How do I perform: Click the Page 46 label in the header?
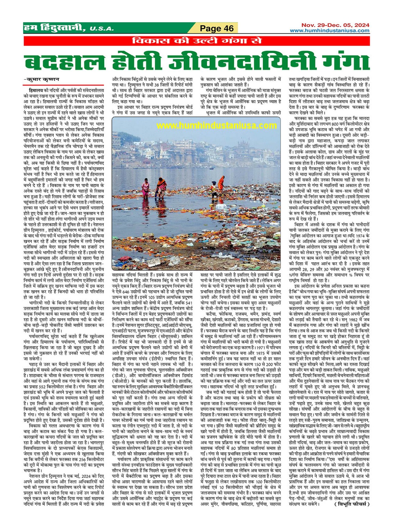(x=217, y=28)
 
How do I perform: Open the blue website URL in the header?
(x=329, y=30)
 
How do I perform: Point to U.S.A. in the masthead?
(x=101, y=29)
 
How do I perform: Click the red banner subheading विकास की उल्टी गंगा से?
(x=197, y=41)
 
